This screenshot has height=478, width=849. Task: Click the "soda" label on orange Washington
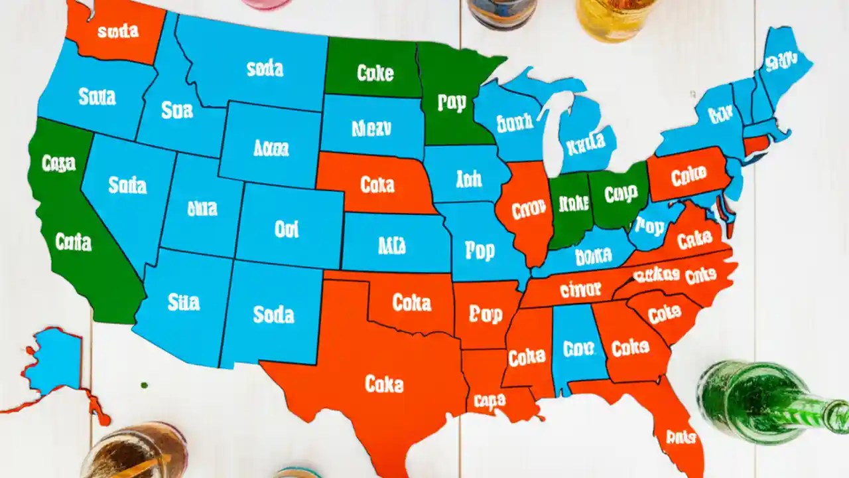pyautogui.click(x=117, y=31)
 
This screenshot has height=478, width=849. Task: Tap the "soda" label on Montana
pyautogui.click(x=265, y=68)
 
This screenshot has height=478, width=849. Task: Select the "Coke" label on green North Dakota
pyautogui.click(x=375, y=72)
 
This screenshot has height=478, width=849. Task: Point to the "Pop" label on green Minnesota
pyautogui.click(x=452, y=102)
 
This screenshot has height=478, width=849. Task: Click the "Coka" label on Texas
pyautogui.click(x=384, y=383)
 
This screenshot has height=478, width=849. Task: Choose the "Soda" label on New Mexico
pyautogui.click(x=273, y=314)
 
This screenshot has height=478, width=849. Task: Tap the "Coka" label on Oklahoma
pyautogui.click(x=411, y=303)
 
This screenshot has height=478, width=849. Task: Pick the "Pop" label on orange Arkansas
pyautogui.click(x=486, y=314)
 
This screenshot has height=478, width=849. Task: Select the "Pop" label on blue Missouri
pyautogui.click(x=480, y=251)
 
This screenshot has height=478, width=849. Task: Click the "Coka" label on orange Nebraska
pyautogui.click(x=377, y=184)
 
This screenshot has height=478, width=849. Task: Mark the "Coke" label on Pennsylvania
pyautogui.click(x=688, y=177)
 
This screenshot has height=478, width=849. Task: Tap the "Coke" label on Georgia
pyautogui.click(x=629, y=348)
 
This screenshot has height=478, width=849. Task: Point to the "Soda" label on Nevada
pyautogui.click(x=127, y=185)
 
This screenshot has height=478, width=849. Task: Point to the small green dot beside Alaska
pyautogui.click(x=144, y=384)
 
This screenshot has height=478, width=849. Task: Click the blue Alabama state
pyautogui.click(x=576, y=345)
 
